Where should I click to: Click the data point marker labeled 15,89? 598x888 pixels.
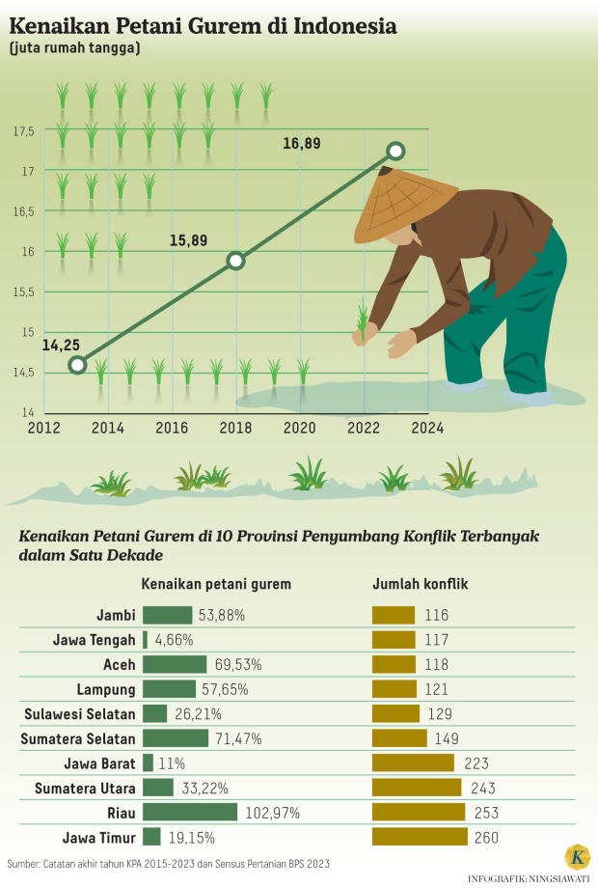[x=235, y=260]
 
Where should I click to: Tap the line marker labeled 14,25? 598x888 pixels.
[x=77, y=365]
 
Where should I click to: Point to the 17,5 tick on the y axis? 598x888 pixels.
[x=24, y=131]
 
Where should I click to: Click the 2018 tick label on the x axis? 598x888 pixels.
[x=235, y=428]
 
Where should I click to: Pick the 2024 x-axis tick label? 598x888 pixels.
[x=426, y=428]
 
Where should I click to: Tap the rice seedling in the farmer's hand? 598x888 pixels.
[x=363, y=319]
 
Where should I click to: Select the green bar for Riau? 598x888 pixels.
[x=190, y=813]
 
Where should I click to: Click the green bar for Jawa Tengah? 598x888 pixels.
[x=146, y=639]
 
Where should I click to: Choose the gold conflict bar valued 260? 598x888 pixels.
[x=421, y=838]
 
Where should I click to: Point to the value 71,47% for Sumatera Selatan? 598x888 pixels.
[x=237, y=738]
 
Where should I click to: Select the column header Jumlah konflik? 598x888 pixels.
[x=421, y=584]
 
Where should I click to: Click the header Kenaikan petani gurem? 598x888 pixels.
[x=216, y=584]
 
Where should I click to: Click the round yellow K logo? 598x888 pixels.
[x=577, y=857]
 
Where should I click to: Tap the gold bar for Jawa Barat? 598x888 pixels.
[x=414, y=763]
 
